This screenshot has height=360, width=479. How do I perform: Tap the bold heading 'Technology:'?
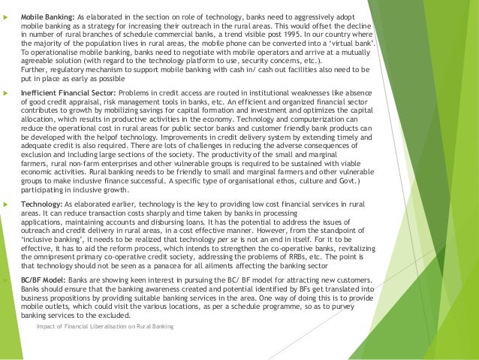(x=42, y=205)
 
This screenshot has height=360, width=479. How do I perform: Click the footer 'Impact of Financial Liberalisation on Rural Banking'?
(x=104, y=325)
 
